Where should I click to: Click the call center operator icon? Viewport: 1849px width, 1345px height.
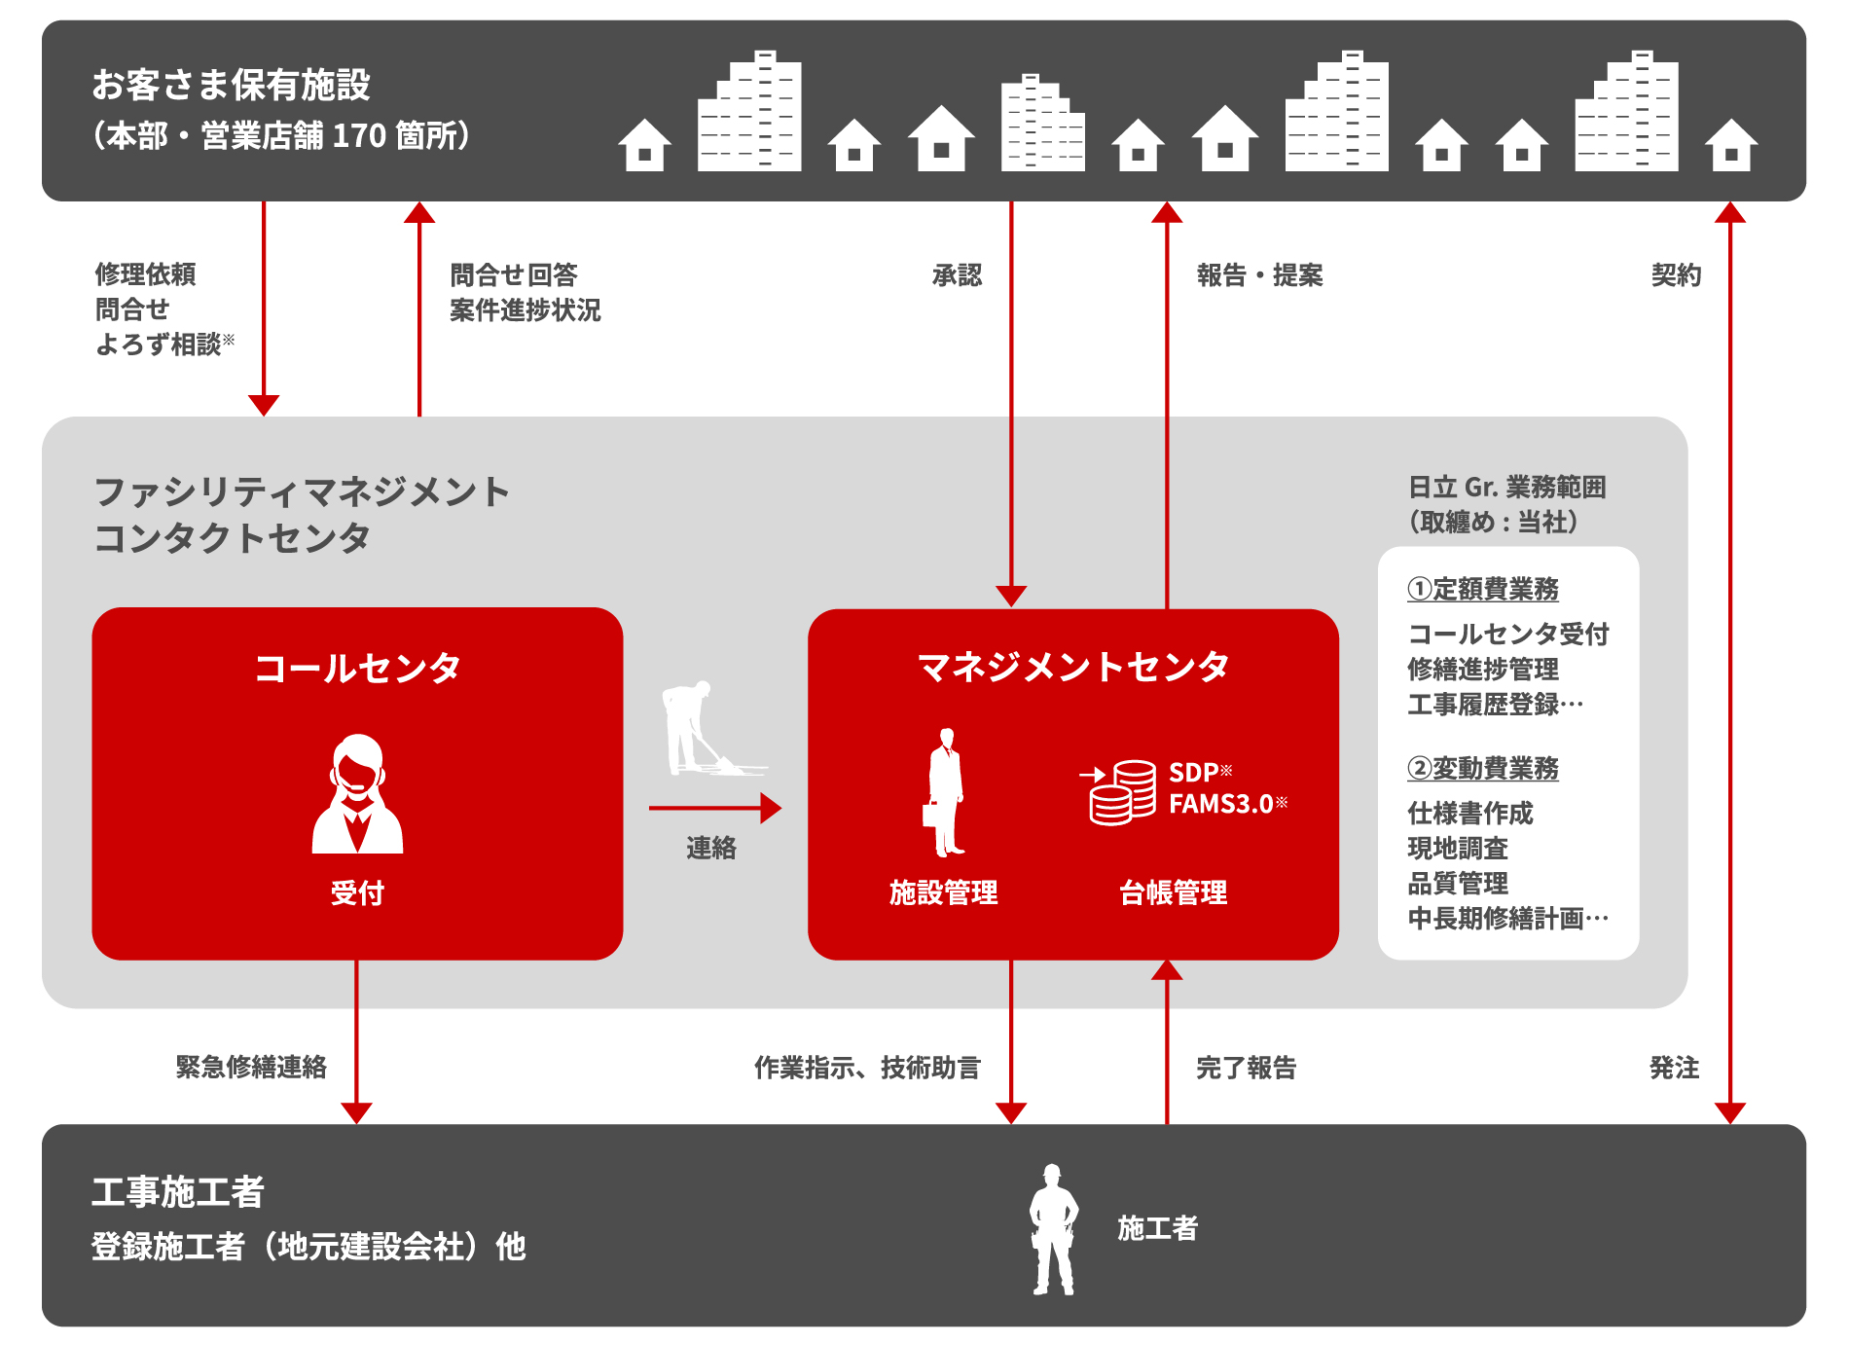coord(357,793)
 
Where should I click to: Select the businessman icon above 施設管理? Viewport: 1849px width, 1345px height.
coord(945,792)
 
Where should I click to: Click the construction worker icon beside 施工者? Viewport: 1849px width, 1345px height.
coord(1053,1229)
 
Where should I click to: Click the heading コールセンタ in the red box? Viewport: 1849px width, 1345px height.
coord(357,668)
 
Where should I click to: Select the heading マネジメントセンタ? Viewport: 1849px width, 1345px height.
coord(1072,667)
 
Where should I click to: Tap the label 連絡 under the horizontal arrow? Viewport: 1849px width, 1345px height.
coord(711,848)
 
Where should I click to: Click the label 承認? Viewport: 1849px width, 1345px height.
coord(957,275)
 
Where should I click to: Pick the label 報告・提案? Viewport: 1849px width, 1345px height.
coord(1259,275)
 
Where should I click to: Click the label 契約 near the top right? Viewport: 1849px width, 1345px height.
coord(1676,275)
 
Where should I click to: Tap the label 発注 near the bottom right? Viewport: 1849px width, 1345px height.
coord(1674,1068)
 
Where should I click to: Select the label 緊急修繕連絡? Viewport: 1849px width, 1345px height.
coord(251,1067)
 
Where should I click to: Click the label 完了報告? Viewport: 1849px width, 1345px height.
coord(1246,1068)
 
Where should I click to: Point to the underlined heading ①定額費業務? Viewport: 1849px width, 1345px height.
coord(1482,589)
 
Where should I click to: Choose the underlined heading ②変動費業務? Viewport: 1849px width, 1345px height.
coord(1482,768)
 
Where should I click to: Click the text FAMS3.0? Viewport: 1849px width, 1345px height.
coord(1221,804)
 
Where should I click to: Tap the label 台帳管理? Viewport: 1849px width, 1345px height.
coord(1173,891)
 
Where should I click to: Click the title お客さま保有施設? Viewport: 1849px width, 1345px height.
coord(232,85)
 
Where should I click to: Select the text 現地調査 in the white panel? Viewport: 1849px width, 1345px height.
coord(1458,848)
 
